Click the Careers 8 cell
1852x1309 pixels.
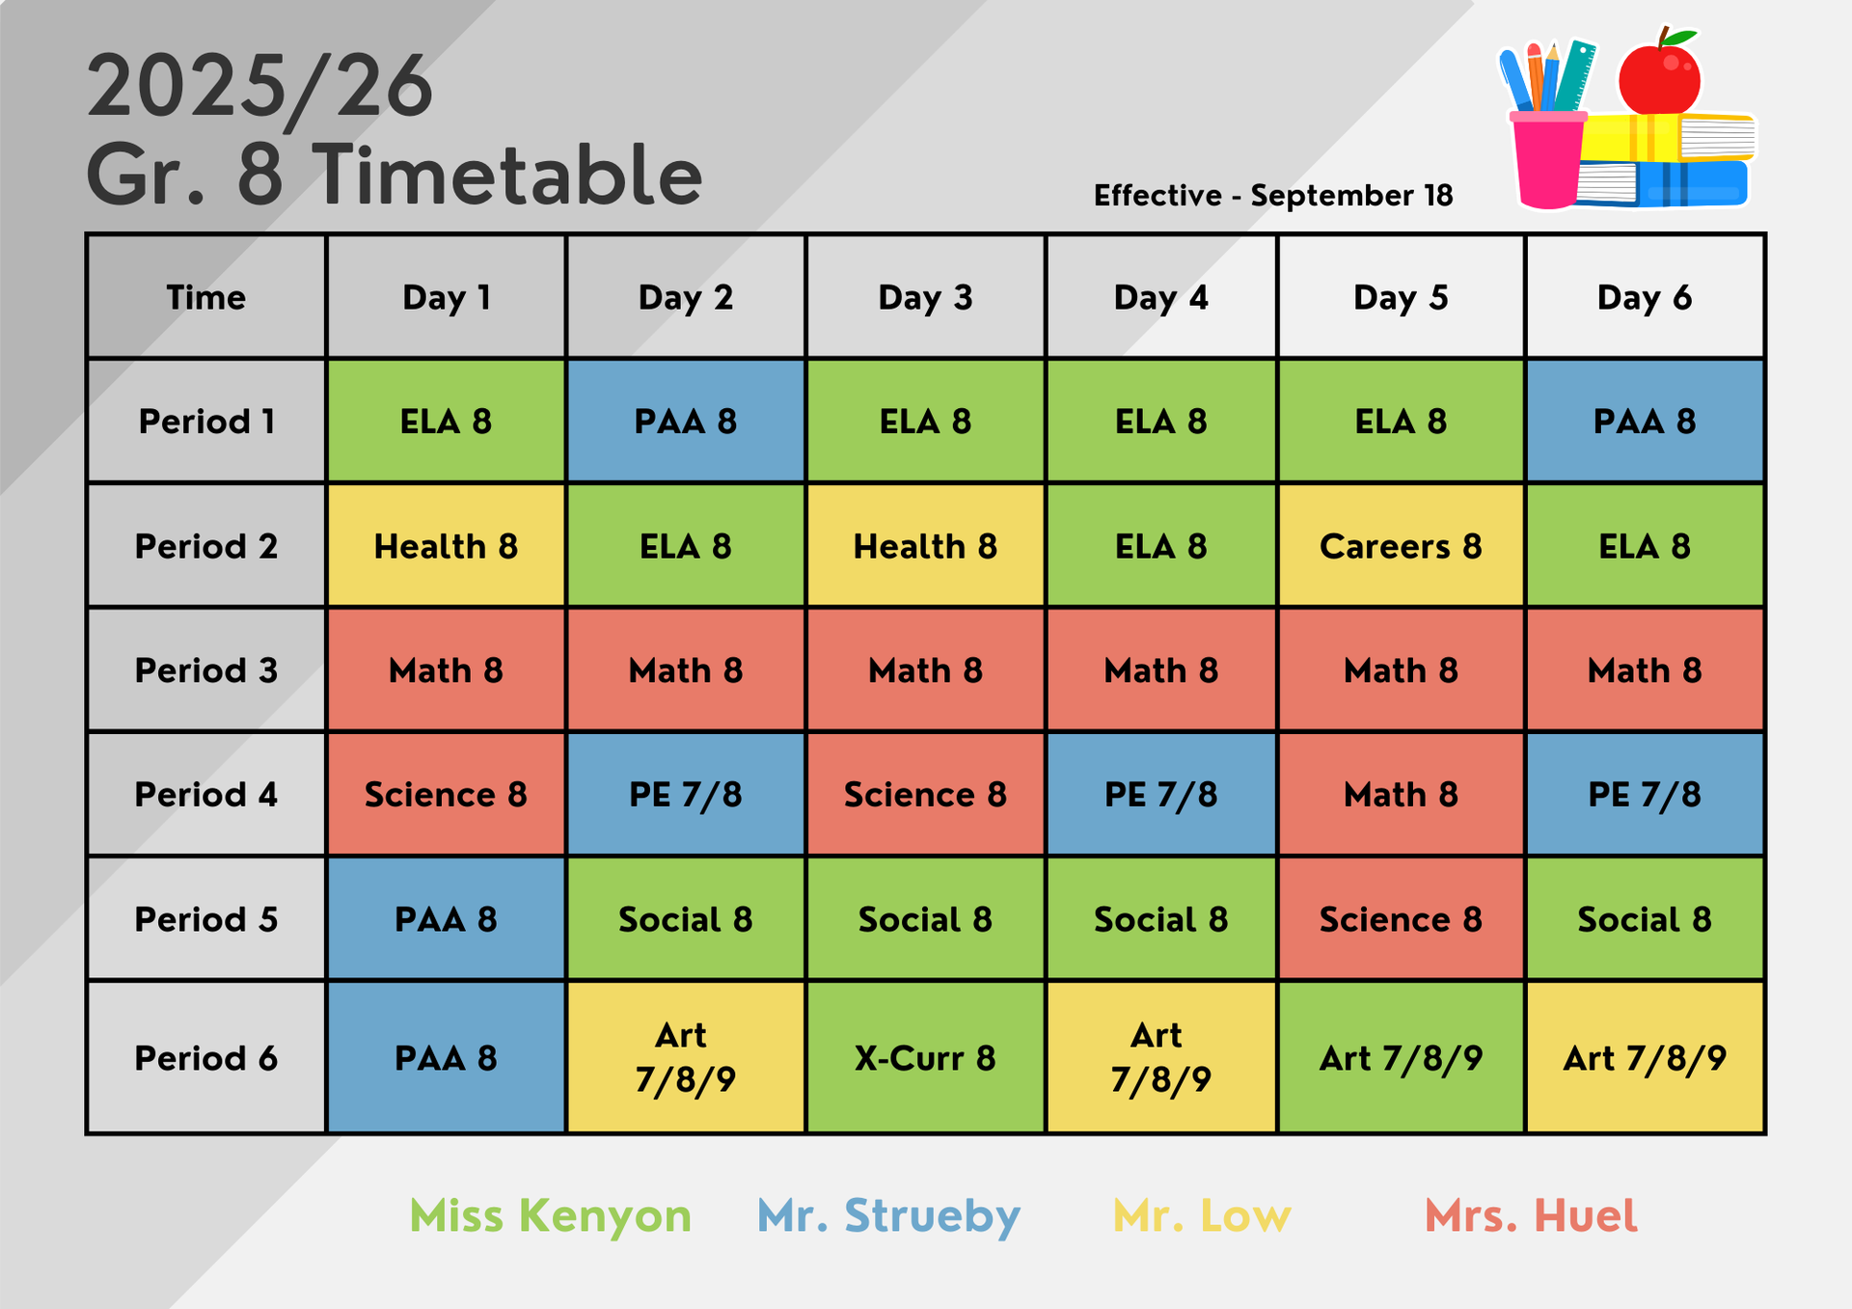[1401, 546]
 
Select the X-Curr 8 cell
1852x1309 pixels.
[925, 1058]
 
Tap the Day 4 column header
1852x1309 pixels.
[1161, 297]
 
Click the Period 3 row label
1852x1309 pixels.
[206, 670]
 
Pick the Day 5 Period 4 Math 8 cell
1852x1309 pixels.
[1401, 795]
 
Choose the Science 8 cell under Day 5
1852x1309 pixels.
[1401, 919]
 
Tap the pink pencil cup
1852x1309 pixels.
[1547, 159]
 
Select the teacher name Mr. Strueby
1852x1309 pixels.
[888, 1216]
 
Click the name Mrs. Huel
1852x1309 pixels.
[1531, 1215]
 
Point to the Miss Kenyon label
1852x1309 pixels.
[551, 1216]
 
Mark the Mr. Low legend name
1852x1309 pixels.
[1202, 1215]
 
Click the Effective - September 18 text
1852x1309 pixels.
[1273, 195]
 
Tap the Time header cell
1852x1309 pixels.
[206, 297]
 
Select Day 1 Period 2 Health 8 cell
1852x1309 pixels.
[446, 546]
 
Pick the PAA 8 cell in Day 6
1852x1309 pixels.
[1645, 422]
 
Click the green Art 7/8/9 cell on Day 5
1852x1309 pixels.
[1401, 1058]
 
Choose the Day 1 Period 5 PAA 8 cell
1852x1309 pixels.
[446, 919]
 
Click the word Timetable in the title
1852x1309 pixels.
[508, 175]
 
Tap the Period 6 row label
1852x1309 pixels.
[206, 1058]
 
